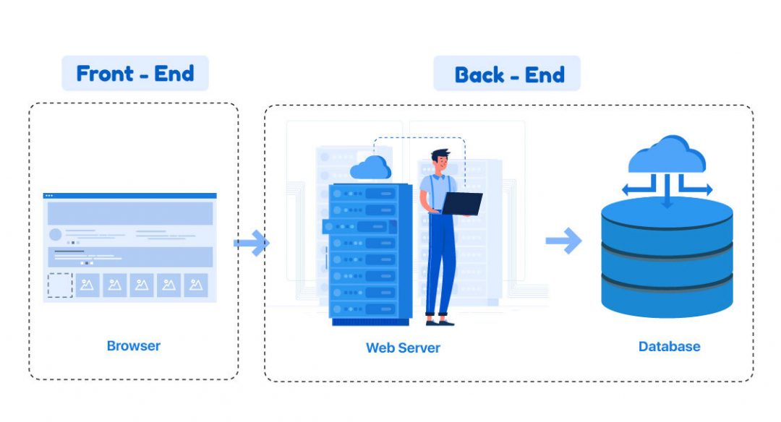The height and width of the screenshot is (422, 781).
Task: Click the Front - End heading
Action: coord(135,74)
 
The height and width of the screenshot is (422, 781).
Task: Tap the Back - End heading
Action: coord(509,74)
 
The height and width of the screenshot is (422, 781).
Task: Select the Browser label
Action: coord(134,345)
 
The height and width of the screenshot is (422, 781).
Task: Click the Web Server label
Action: coord(403,348)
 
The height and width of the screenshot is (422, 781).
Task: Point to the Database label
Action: coord(669,346)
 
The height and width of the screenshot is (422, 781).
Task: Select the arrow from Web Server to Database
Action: coord(563,241)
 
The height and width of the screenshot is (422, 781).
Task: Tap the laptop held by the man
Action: coord(462,204)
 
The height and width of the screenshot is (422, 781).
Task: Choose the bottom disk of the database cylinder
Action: coord(667,296)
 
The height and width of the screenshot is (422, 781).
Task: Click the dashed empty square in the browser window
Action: coord(60,285)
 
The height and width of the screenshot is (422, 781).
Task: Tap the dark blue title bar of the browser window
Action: coord(130,196)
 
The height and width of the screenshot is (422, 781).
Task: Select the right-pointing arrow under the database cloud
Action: coord(697,189)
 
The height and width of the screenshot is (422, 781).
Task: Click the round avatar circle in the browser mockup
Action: coord(55,235)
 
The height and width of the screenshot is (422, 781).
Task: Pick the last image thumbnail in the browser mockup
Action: coord(195,285)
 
